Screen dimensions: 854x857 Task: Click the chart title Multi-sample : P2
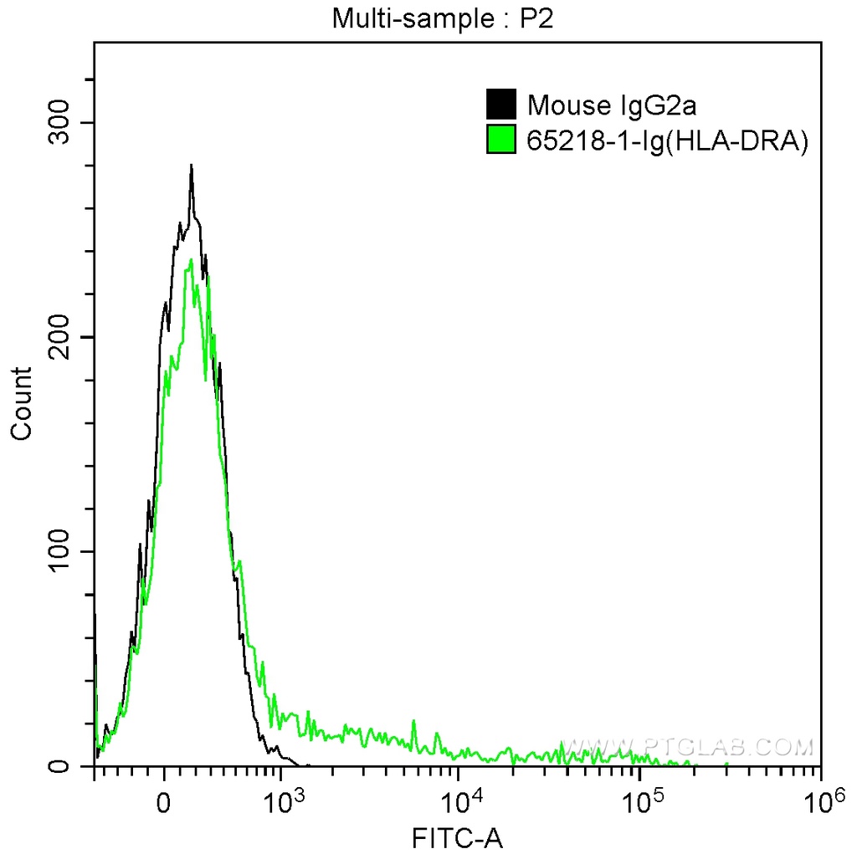[x=444, y=18]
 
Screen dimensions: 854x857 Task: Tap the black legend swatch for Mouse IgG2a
[x=501, y=105]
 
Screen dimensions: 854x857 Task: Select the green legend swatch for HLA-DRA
[x=501, y=140]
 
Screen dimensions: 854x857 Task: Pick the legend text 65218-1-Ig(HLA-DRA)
[x=667, y=141]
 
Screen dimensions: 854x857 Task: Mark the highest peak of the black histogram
[x=192, y=166]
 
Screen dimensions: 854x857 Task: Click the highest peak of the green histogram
[x=192, y=260]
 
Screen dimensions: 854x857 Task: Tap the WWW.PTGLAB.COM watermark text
[x=686, y=745]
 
